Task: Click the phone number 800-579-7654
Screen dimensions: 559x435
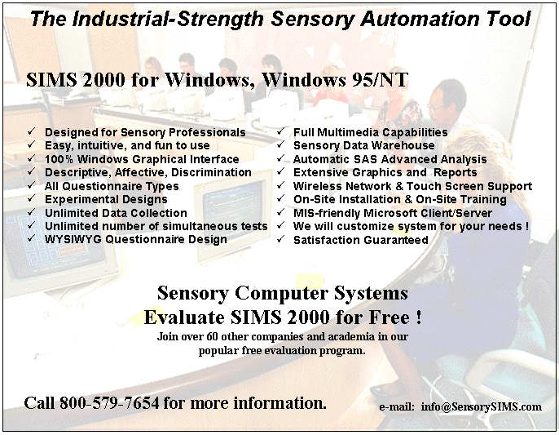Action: click(109, 403)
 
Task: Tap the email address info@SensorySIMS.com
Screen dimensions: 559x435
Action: click(482, 406)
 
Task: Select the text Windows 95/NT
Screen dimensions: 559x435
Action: click(335, 80)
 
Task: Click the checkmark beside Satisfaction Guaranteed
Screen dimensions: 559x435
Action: click(280, 238)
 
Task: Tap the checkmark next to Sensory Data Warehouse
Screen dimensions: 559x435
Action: click(280, 144)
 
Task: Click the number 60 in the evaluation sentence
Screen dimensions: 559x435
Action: click(210, 336)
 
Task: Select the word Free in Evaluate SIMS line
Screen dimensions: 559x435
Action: click(389, 317)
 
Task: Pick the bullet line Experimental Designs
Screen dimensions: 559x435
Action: click(106, 199)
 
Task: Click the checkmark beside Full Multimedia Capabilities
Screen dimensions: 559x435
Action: click(280, 131)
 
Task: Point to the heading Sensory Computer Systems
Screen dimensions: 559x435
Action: click(282, 293)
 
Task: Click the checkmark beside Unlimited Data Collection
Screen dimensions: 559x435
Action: click(31, 211)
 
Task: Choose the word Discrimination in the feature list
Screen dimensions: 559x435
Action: click(211, 172)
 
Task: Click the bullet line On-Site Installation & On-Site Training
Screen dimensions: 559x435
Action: click(399, 199)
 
